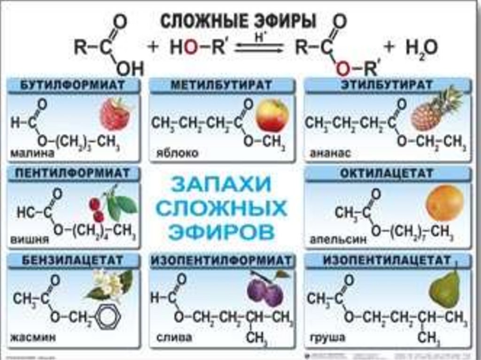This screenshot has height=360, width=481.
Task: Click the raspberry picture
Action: click(115, 114)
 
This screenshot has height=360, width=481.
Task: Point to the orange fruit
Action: click(444, 203)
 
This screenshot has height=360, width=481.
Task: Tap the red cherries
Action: click(98, 209)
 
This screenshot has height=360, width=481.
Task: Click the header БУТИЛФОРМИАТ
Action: click(73, 86)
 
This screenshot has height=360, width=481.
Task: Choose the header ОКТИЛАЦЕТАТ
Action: click(387, 174)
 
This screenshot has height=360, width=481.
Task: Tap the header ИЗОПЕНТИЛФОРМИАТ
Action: click(222, 260)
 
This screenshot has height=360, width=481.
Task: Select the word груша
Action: click(328, 337)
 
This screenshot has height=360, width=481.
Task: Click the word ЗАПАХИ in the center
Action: click(221, 184)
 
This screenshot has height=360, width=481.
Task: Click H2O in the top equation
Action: click(421, 48)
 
